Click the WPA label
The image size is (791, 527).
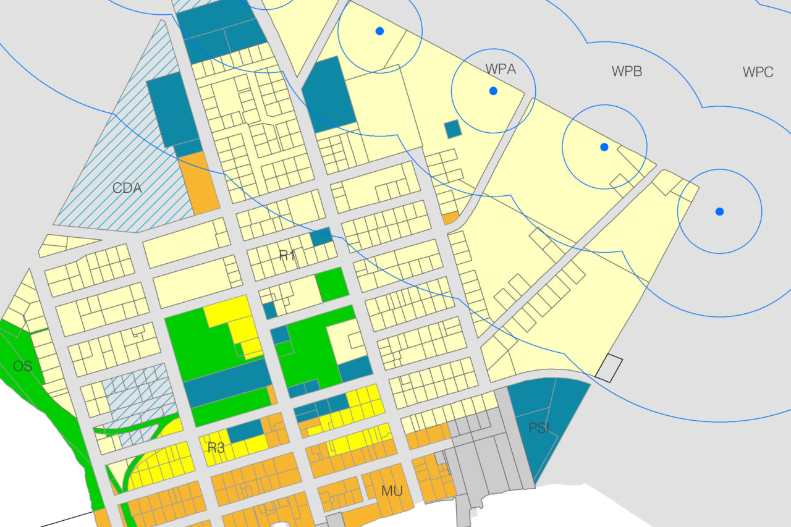(501, 69)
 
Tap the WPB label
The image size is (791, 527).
(627, 72)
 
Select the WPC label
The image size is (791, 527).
(758, 72)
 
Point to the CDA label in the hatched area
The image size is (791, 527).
(127, 188)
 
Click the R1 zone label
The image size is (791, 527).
(287, 256)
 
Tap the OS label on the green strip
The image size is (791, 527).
(22, 366)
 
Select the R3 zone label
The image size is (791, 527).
(216, 448)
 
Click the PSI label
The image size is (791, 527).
(539, 428)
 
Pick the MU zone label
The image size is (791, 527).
(392, 491)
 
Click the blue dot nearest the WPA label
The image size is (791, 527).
(493, 91)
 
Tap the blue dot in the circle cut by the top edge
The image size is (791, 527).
(379, 31)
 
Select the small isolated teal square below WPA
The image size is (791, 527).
(453, 129)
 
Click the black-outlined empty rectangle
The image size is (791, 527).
(609, 367)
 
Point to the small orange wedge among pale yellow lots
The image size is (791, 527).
(450, 218)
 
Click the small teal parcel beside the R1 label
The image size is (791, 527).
(321, 237)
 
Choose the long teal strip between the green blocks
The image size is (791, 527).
(227, 384)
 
